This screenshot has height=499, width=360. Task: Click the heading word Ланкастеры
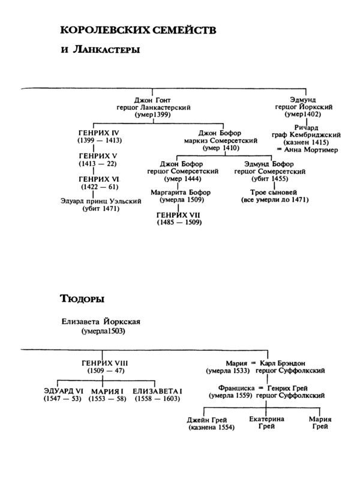(x=107, y=50)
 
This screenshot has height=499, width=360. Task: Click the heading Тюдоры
(x=83, y=298)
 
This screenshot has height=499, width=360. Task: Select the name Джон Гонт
(x=154, y=100)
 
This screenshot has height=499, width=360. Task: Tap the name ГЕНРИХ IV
(x=100, y=132)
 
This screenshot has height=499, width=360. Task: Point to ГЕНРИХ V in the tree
(x=100, y=155)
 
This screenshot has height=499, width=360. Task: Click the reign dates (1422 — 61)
(x=100, y=187)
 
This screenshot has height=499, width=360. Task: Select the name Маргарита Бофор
(x=175, y=193)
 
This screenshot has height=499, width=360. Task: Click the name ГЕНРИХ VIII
(x=104, y=363)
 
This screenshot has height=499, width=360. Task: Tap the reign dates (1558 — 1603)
(x=158, y=399)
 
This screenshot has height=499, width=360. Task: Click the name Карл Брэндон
(x=284, y=363)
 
